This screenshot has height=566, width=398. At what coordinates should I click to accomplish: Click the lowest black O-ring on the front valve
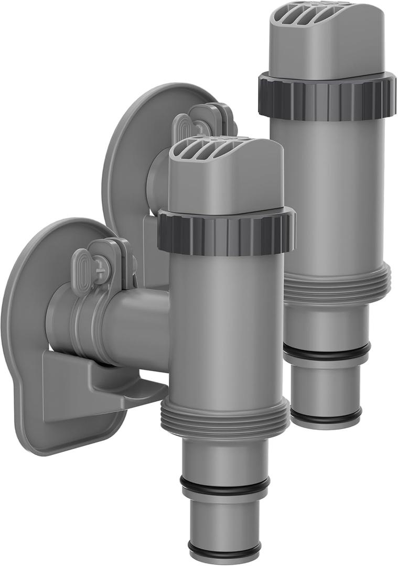click(225, 551)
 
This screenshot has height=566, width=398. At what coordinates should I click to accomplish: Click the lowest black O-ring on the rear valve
click(326, 417)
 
